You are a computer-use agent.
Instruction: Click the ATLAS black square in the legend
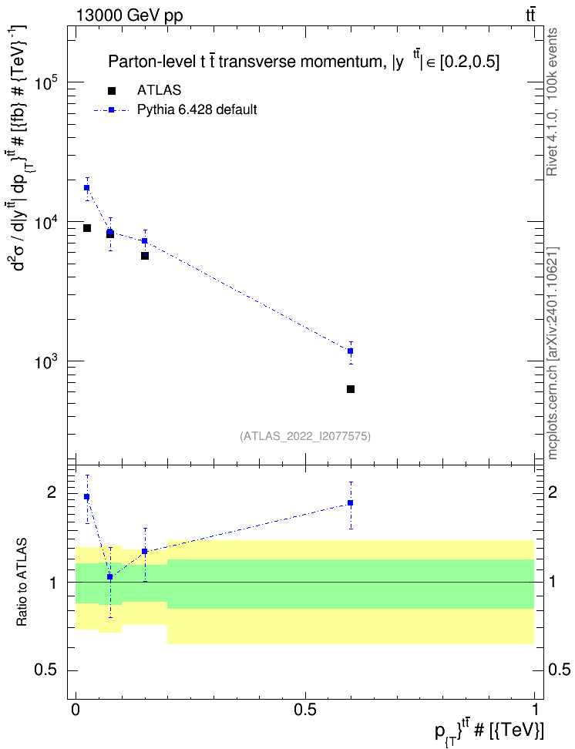pyautogui.click(x=112, y=91)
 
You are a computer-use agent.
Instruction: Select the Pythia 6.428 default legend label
pyautogui.click(x=197, y=110)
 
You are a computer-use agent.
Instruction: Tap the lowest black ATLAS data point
pyautogui.click(x=351, y=389)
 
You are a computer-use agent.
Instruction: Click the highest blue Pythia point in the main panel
pyautogui.click(x=87, y=188)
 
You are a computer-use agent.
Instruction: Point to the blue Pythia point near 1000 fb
pyautogui.click(x=351, y=351)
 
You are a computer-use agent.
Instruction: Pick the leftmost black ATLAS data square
pyautogui.click(x=87, y=228)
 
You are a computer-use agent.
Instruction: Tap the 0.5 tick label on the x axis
pyautogui.click(x=305, y=710)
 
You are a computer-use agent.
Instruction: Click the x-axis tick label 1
pyautogui.click(x=534, y=710)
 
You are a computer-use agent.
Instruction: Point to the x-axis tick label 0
pyautogui.click(x=76, y=710)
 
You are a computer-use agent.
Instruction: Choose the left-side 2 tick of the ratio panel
pyautogui.click(x=52, y=492)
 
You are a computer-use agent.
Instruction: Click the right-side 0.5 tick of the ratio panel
pyautogui.click(x=559, y=670)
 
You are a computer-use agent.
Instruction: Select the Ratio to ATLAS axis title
pyautogui.click(x=22, y=582)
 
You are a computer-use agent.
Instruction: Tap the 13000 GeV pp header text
pyautogui.click(x=129, y=15)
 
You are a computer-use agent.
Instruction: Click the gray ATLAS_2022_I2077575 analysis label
pyautogui.click(x=305, y=436)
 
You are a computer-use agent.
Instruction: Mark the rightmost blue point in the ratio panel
pyautogui.click(x=351, y=503)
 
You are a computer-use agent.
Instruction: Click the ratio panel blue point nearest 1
pyautogui.click(x=110, y=576)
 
